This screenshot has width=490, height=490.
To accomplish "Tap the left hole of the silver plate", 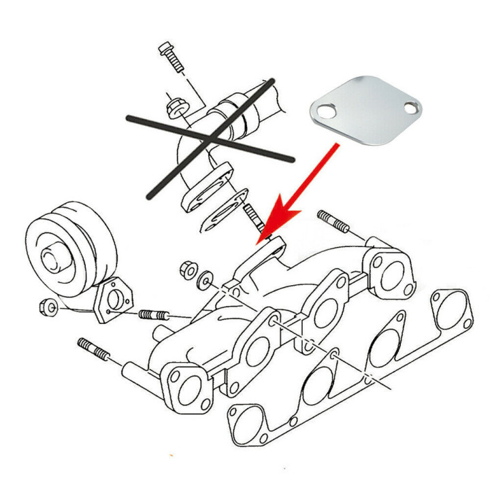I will (327, 112).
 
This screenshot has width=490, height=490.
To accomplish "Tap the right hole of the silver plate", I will (410, 108).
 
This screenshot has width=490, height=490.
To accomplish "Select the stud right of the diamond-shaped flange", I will (154, 315).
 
